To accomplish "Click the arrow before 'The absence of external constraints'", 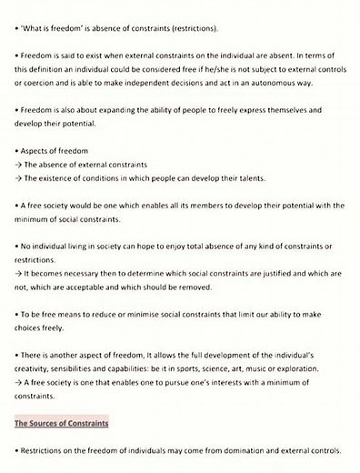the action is (x=18, y=165).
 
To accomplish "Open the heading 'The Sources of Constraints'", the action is (x=62, y=424).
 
